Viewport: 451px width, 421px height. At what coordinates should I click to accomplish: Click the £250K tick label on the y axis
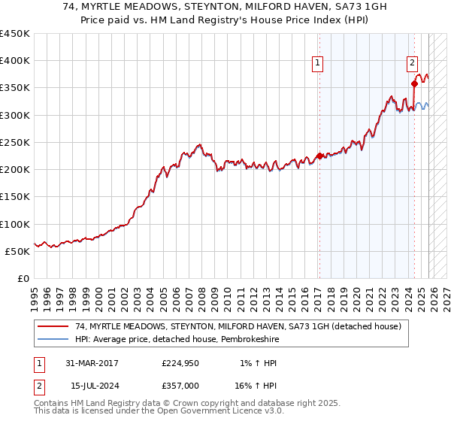[14, 142]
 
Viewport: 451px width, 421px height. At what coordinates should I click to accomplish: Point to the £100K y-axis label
[14, 224]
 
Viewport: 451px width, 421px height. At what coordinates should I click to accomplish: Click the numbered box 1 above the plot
[319, 64]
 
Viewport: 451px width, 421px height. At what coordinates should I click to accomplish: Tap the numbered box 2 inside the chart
[413, 64]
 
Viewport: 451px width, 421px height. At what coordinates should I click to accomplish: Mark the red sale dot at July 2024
[414, 84]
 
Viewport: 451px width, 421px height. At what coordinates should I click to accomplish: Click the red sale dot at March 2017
[319, 156]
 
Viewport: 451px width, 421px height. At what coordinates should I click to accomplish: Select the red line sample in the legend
[53, 326]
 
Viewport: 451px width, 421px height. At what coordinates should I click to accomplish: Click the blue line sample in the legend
[53, 339]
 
